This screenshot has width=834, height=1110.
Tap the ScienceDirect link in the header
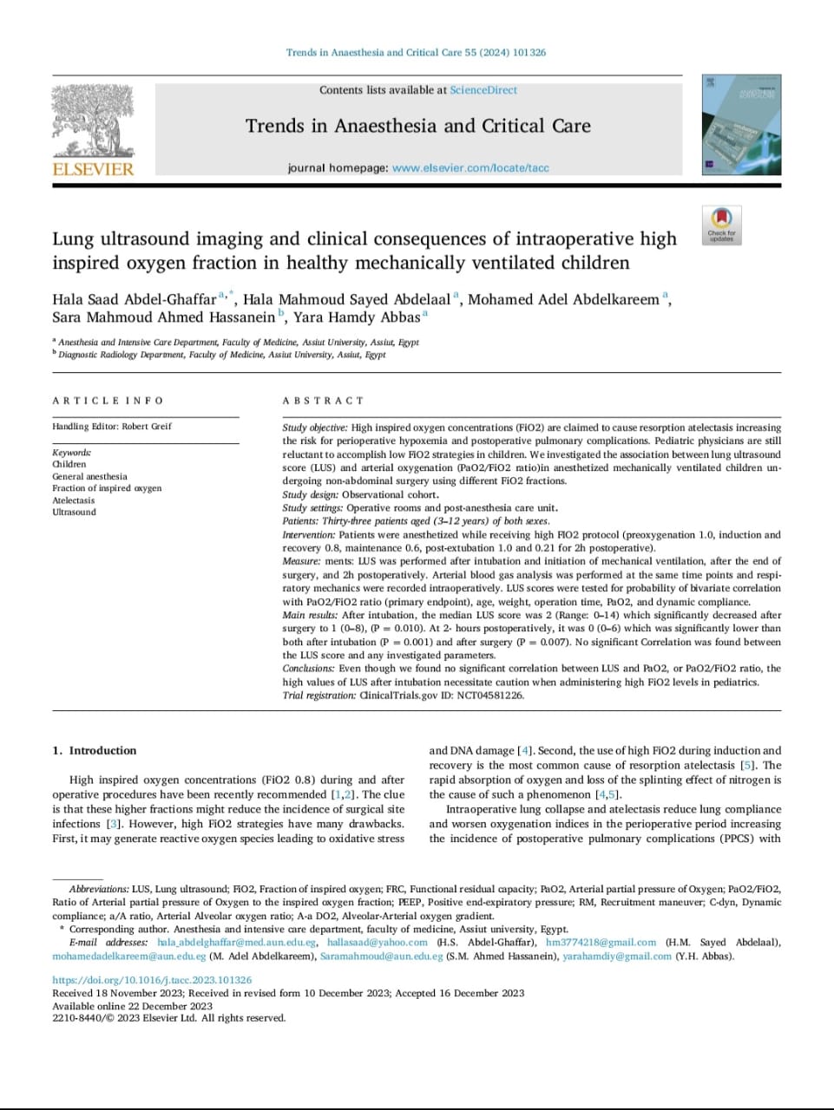click(483, 90)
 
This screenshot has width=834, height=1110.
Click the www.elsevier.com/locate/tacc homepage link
click(470, 168)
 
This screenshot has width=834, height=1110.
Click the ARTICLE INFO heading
click(108, 401)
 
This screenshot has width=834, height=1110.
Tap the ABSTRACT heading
click(323, 401)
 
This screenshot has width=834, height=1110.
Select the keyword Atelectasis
click(73, 500)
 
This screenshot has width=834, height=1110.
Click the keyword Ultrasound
click(74, 513)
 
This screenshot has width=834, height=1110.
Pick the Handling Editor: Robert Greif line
click(112, 427)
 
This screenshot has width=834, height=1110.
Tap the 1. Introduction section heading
click(95, 751)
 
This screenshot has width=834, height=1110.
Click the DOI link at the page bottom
click(152, 980)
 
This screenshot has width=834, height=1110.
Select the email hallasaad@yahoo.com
click(377, 943)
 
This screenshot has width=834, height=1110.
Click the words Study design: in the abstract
click(311, 494)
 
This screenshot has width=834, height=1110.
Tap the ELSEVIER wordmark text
click(93, 169)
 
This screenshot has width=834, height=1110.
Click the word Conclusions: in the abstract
click(308, 669)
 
